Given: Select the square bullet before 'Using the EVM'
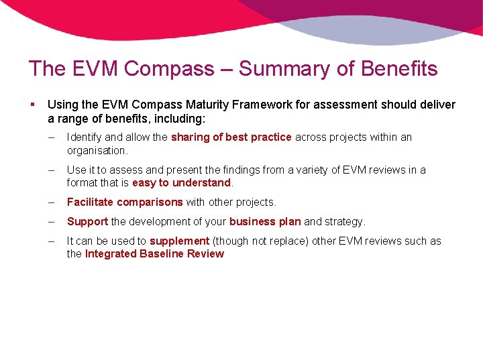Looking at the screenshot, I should pyautogui.click(x=32, y=105).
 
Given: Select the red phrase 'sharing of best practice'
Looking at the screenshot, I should pyautogui.click(x=231, y=137).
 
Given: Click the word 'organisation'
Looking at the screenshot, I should pyautogui.click(x=96, y=151).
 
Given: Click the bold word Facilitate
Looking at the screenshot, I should pyautogui.click(x=90, y=202).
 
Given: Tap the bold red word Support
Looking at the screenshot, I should pyautogui.click(x=87, y=221).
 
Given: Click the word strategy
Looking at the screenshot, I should pyautogui.click(x=345, y=221).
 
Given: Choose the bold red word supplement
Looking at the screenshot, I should pyautogui.click(x=179, y=241).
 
